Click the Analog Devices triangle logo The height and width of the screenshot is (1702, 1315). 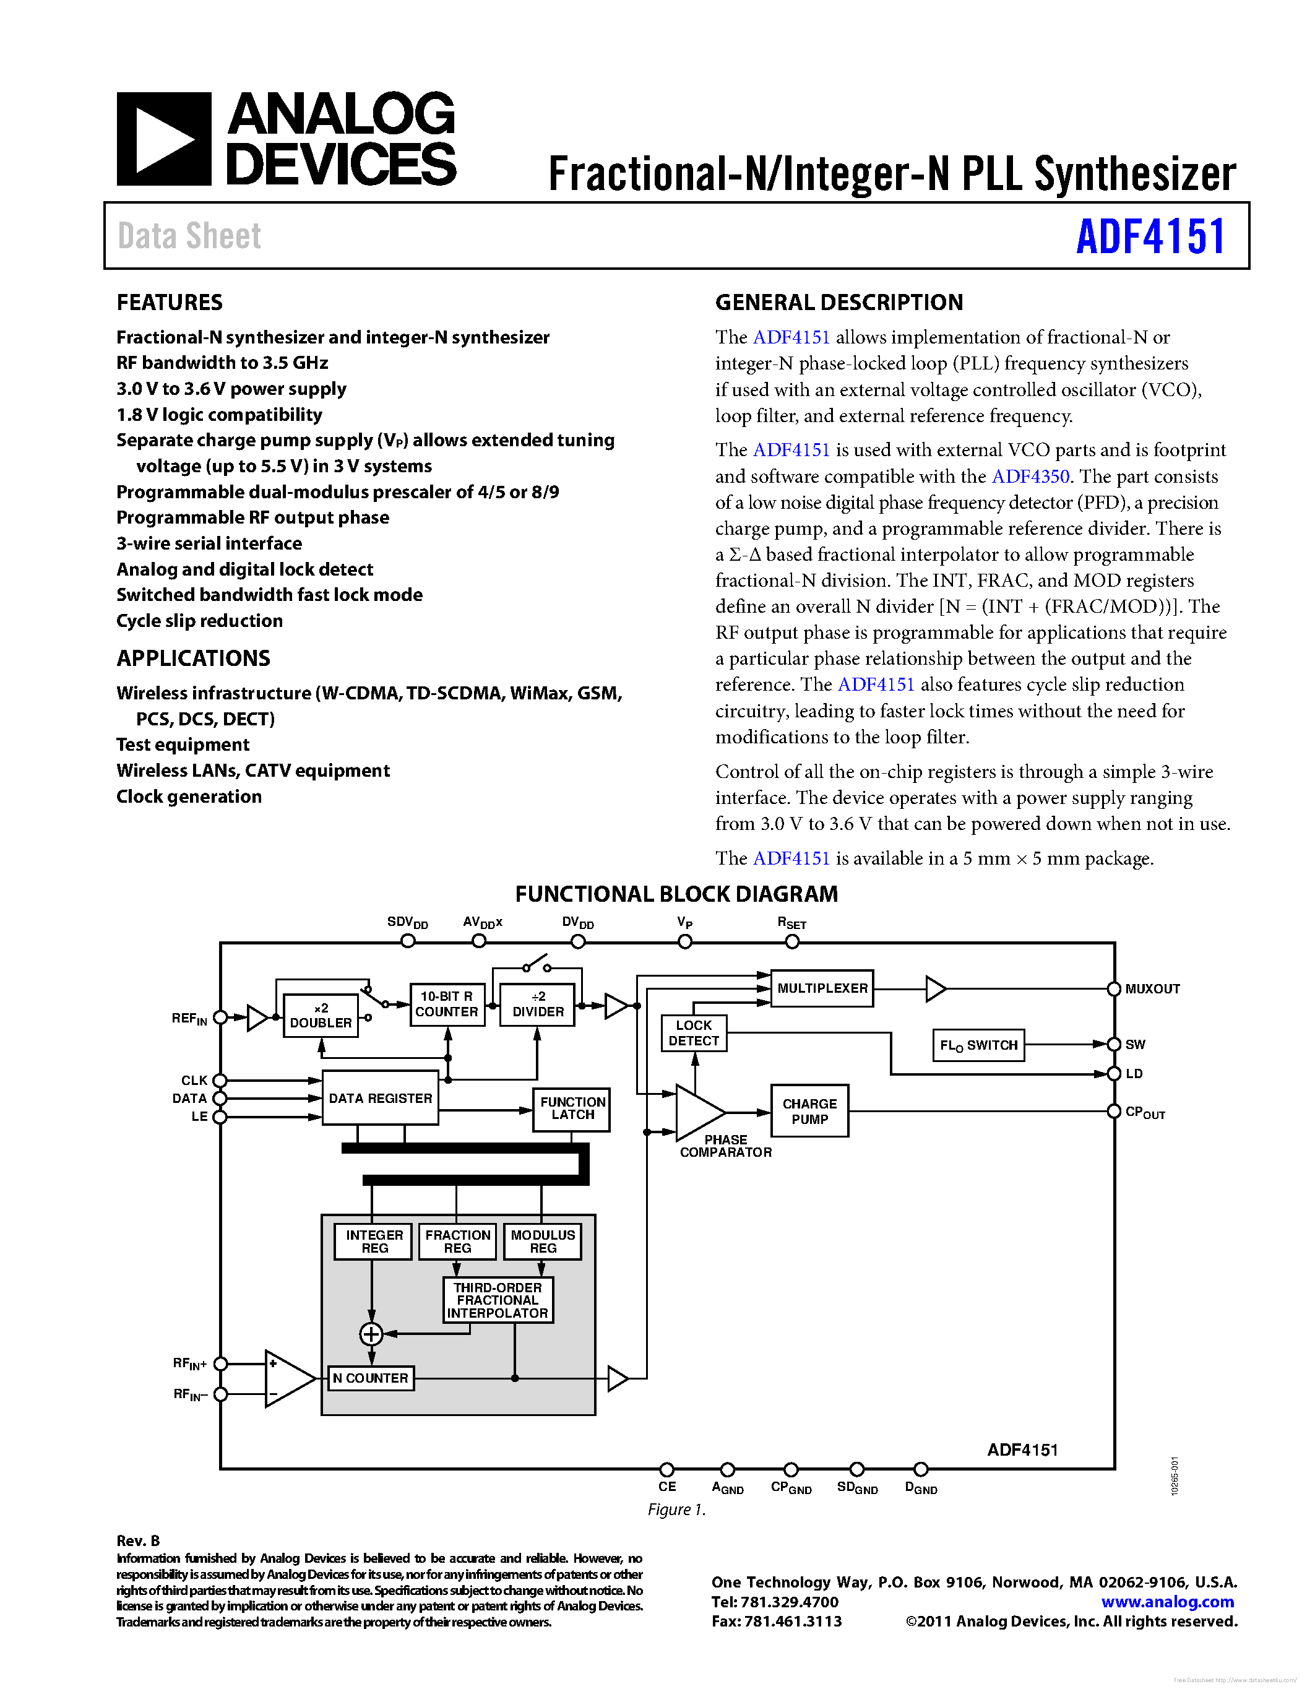pos(163,139)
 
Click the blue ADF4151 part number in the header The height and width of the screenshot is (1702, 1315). pos(1150,237)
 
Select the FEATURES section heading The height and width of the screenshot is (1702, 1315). pos(169,303)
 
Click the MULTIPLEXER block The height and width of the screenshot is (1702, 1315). pos(821,988)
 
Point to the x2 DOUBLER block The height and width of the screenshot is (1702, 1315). pos(320,1016)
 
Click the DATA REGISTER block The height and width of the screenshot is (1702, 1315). pos(380,1098)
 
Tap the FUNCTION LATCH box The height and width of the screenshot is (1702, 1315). pos(572,1108)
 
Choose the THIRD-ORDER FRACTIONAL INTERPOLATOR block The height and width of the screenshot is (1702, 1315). pos(497,1300)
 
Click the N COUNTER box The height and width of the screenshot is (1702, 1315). pos(370,1378)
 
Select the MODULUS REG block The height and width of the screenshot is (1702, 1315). pos(542,1242)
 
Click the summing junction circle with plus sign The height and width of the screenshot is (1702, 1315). pos(371,1334)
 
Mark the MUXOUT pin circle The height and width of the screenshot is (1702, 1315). pos(1114,989)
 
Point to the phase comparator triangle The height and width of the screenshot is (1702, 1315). pos(697,1112)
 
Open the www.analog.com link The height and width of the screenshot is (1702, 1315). pos(1167,1602)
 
